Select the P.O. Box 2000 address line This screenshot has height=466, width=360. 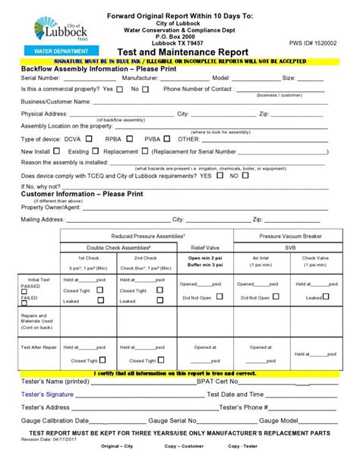[x=179, y=35]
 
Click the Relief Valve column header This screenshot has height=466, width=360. [x=204, y=247]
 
